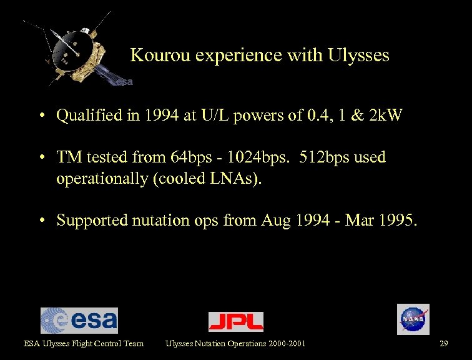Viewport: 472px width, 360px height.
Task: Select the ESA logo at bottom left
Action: (79, 320)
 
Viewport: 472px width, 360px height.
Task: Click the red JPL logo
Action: (236, 321)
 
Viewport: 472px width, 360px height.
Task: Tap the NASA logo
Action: (413, 319)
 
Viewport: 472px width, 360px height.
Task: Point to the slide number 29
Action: (444, 343)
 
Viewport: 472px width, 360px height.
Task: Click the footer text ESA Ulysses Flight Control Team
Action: (84, 343)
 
